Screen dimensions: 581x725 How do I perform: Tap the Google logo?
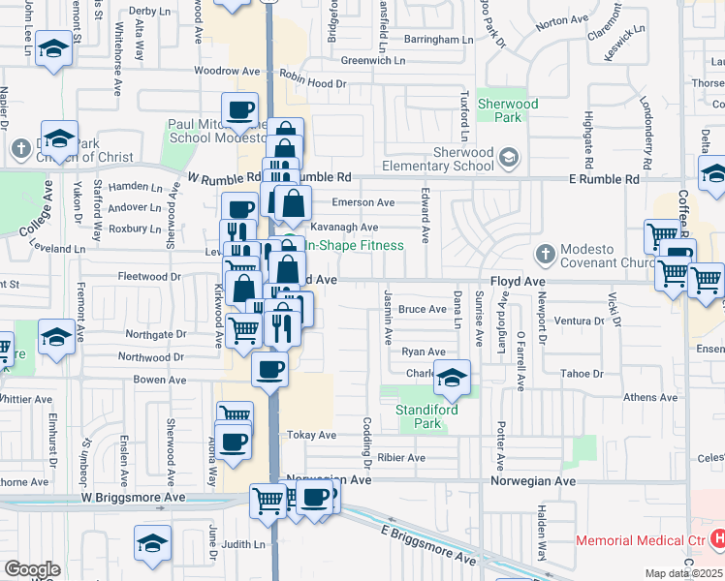click(x=32, y=569)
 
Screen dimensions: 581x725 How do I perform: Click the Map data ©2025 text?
click(x=684, y=573)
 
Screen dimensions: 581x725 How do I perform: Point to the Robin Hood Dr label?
click(x=312, y=84)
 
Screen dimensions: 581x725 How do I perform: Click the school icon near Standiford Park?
click(x=451, y=378)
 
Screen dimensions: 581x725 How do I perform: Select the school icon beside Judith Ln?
click(x=152, y=542)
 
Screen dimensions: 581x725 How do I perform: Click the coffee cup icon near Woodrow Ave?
click(x=239, y=110)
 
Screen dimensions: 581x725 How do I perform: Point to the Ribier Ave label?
click(x=402, y=458)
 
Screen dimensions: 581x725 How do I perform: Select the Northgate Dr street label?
click(x=154, y=334)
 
